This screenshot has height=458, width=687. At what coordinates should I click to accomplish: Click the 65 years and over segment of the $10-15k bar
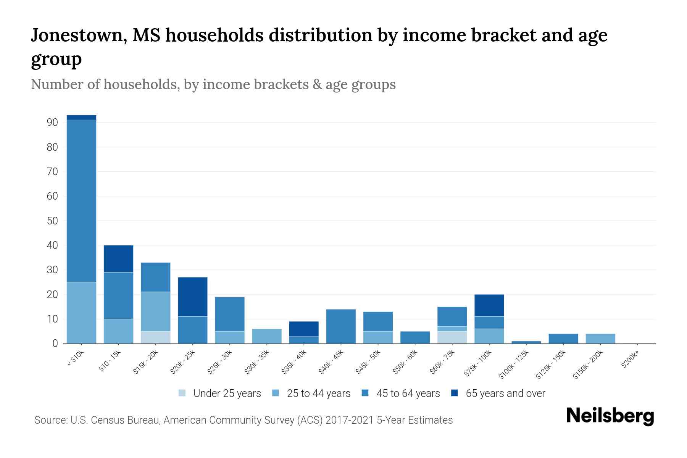[118, 258]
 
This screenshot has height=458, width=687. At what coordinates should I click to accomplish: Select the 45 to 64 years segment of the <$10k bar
[81, 201]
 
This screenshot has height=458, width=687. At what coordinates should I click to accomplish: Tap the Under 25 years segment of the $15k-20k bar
[156, 337]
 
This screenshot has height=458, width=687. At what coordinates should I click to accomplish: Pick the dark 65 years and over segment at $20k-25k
[193, 297]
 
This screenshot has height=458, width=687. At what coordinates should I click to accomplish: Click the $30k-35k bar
[267, 336]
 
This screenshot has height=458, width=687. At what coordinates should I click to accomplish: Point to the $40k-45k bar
[341, 326]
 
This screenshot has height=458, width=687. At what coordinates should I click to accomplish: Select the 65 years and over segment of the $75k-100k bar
[489, 305]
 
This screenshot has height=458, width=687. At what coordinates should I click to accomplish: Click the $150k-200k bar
[600, 339]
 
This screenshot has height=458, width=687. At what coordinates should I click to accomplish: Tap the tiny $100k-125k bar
[526, 342]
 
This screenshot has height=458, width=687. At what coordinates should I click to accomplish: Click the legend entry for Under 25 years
[220, 393]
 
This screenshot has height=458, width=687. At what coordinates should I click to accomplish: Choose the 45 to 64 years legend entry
[401, 393]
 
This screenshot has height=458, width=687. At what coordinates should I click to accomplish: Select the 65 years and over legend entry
[498, 393]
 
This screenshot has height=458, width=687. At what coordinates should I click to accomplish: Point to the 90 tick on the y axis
[52, 123]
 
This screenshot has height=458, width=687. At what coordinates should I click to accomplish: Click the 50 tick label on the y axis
[52, 221]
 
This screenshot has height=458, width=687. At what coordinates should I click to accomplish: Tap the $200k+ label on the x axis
[630, 360]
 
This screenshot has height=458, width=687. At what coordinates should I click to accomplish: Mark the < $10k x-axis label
[76, 359]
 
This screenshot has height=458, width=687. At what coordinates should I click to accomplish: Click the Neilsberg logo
[610, 416]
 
